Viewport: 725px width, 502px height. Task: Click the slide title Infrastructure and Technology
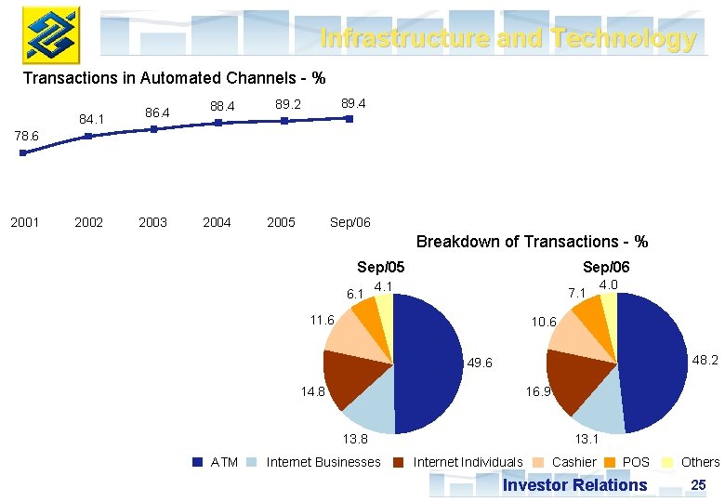click(507, 38)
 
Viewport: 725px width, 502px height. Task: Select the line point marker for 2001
click(23, 152)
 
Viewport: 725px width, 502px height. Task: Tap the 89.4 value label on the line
click(353, 103)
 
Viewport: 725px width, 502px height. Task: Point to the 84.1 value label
click(91, 119)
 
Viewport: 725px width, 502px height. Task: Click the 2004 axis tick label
click(217, 222)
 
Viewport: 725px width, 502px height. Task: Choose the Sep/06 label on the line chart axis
click(349, 222)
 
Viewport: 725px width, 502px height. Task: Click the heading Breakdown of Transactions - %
click(532, 242)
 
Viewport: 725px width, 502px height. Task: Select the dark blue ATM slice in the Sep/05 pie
click(428, 363)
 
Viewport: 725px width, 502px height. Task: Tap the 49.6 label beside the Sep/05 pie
click(481, 363)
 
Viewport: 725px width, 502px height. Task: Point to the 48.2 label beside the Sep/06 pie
click(706, 359)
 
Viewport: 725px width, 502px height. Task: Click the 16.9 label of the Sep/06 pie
click(538, 392)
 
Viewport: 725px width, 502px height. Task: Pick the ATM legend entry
click(215, 462)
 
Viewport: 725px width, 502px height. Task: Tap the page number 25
click(699, 484)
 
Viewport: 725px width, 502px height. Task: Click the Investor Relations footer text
click(574, 484)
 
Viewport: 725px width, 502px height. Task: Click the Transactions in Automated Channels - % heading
click(174, 78)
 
